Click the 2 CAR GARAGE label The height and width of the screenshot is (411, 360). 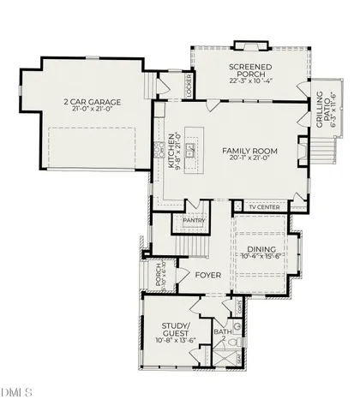coord(92,102)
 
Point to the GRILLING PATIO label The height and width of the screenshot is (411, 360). coord(322,111)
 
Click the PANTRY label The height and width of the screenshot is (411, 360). coord(192,219)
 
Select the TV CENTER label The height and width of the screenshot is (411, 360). coord(264,207)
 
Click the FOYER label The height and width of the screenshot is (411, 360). coord(208,276)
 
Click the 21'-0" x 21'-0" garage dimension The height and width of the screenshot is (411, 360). coord(92,110)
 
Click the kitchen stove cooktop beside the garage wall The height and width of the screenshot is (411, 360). coord(159,151)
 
